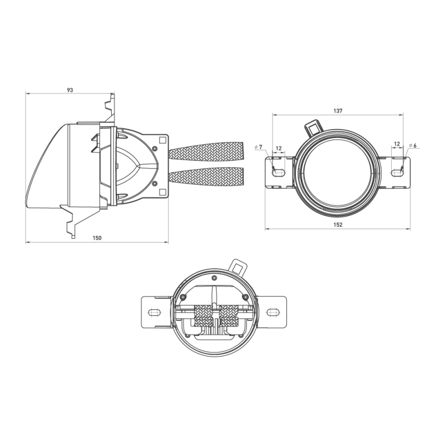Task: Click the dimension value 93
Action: (70, 90)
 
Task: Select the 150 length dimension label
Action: (97, 238)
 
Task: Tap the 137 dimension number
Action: (338, 111)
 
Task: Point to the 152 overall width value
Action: (338, 224)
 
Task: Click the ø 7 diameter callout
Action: (259, 147)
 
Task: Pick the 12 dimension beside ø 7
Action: (279, 149)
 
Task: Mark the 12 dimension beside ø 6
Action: (397, 144)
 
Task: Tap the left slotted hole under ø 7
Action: (278, 173)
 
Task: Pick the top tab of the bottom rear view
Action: (239, 266)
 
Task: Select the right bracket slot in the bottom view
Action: (274, 312)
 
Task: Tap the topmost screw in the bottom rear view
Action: (214, 277)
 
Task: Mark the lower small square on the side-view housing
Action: (162, 192)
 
